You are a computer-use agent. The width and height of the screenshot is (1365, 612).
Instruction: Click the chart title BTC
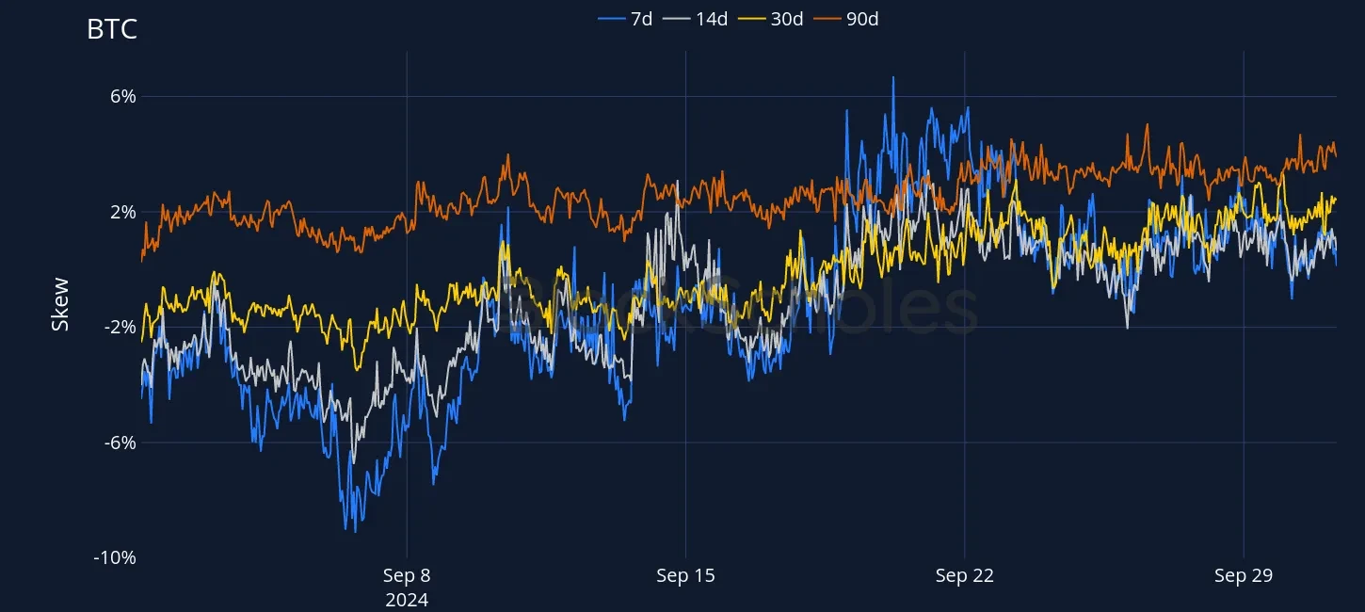click(x=112, y=29)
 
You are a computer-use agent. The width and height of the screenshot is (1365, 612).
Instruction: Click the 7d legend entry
click(x=641, y=19)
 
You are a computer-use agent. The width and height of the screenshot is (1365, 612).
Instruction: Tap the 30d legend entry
click(x=787, y=19)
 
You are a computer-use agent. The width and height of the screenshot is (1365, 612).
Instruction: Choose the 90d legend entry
click(x=862, y=19)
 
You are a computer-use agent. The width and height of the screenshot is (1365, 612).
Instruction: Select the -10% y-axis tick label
click(x=115, y=557)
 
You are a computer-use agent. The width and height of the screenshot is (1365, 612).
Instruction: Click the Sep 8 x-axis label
click(x=407, y=576)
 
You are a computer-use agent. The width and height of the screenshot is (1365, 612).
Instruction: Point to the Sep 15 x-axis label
click(x=685, y=576)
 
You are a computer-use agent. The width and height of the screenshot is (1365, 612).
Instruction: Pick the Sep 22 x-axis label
click(x=965, y=576)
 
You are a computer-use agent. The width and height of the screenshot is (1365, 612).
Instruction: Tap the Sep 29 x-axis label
click(x=1244, y=576)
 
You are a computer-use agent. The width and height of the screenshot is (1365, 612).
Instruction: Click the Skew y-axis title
click(x=60, y=303)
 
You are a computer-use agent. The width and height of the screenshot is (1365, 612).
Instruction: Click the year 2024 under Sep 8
click(x=407, y=600)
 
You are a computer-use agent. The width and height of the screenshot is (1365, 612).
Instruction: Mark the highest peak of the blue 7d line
click(x=893, y=77)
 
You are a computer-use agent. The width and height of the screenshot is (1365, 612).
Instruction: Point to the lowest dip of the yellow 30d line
click(x=356, y=369)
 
